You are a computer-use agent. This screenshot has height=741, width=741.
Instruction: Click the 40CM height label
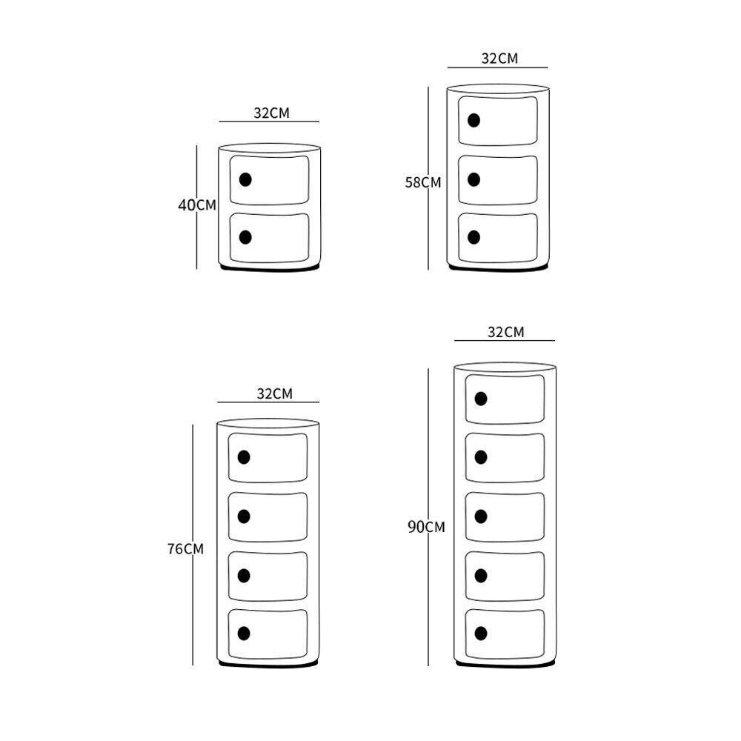pos(196,205)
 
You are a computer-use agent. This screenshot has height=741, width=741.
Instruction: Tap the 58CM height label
pos(422,182)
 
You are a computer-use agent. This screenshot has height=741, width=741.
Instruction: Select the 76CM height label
pos(185,549)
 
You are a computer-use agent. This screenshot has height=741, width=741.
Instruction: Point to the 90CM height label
pos(426,528)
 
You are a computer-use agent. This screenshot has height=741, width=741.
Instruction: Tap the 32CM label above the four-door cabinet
pos(274,393)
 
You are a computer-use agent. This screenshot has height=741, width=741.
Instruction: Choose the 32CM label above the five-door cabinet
pos(505,332)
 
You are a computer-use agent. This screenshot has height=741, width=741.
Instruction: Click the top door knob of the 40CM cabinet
pos(245,179)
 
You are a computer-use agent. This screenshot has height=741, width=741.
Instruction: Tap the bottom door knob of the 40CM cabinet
pos(245,237)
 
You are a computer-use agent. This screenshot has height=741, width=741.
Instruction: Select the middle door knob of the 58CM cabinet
pos(474,179)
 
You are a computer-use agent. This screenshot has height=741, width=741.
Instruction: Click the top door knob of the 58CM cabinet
pos(473,120)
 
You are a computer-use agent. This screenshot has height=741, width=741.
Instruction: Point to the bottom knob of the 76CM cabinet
pos(244,633)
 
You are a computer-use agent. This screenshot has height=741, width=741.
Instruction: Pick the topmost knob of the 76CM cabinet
pos(244,456)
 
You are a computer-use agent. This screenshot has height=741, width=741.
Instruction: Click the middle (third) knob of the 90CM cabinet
pos(481,516)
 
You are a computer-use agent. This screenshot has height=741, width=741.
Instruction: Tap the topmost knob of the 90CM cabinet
pos(481,399)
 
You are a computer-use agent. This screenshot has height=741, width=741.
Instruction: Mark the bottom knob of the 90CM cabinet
pos(481,633)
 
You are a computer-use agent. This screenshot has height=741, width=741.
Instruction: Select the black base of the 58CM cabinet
pos(498,269)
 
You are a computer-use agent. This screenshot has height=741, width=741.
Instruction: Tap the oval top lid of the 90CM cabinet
pos(505,367)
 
